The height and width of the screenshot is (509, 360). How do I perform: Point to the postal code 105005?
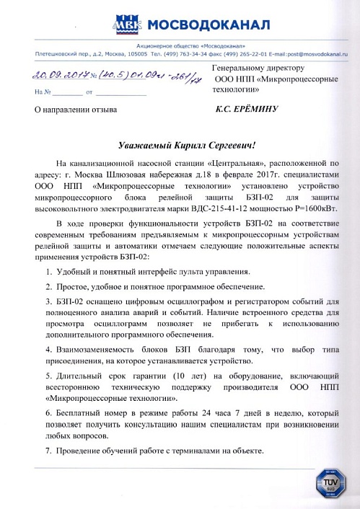(137, 53)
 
